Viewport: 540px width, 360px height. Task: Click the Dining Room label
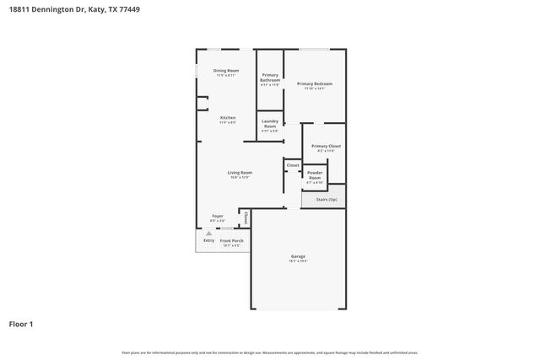tap(226, 71)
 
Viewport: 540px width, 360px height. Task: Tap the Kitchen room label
tap(228, 117)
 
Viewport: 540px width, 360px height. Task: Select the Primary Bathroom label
tap(270, 78)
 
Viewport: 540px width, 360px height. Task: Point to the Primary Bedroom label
tap(314, 83)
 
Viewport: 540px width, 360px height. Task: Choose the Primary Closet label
tap(326, 146)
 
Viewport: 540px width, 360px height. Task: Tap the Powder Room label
tap(315, 175)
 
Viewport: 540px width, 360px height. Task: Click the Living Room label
tap(240, 172)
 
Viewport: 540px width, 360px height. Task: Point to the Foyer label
tap(218, 216)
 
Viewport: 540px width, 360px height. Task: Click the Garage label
tap(298, 256)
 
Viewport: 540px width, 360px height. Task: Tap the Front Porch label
tap(231, 241)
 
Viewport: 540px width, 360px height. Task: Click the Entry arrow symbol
tap(208, 234)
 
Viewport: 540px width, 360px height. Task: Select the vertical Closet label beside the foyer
tap(245, 218)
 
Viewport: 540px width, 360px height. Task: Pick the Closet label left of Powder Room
tap(293, 165)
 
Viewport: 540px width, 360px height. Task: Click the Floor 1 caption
tap(22, 324)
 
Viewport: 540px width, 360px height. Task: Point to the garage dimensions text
tap(298, 261)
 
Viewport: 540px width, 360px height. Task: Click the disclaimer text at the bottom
tap(269, 352)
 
